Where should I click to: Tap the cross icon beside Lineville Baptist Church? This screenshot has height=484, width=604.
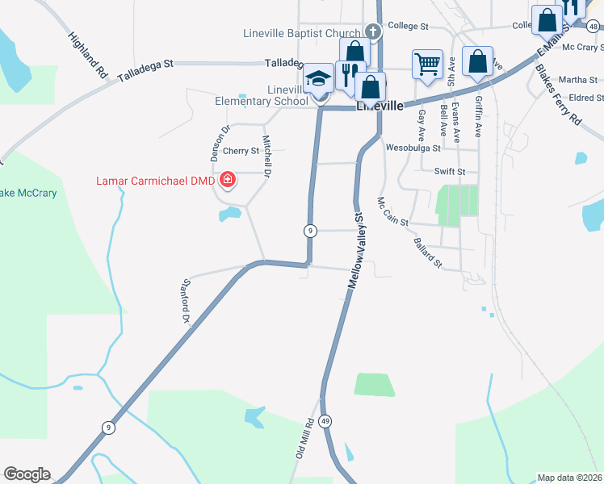coord(372,32)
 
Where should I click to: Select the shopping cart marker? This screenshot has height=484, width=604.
coord(426,63)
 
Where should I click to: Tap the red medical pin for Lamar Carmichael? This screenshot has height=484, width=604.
coord(227,179)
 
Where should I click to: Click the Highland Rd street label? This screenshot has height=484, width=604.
coord(88,55)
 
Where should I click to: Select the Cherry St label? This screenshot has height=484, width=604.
coord(241,151)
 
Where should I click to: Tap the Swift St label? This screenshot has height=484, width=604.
coord(450,172)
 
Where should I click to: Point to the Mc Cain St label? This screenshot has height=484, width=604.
coord(393,212)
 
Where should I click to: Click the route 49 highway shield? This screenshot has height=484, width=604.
coord(325,421)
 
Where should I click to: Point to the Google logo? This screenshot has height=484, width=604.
coord(27,474)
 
